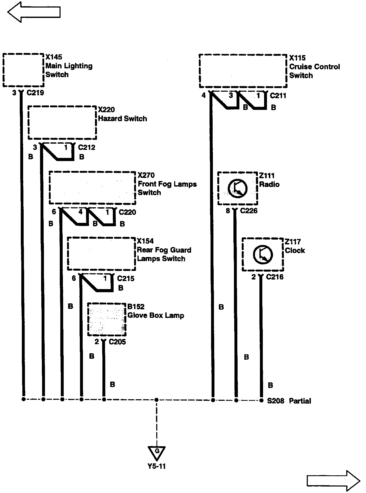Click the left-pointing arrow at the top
34,12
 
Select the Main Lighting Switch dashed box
23,70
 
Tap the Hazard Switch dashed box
62,123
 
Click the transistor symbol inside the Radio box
237,188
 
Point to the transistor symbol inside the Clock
263,254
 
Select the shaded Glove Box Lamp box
107,319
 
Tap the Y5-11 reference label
157,466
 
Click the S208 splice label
276,401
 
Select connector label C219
35,93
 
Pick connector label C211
278,96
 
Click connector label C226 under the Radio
249,211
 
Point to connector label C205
117,342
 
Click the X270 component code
146,175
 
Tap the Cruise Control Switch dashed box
243,71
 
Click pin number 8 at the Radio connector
228,211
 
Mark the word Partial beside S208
300,401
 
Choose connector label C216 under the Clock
275,277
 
